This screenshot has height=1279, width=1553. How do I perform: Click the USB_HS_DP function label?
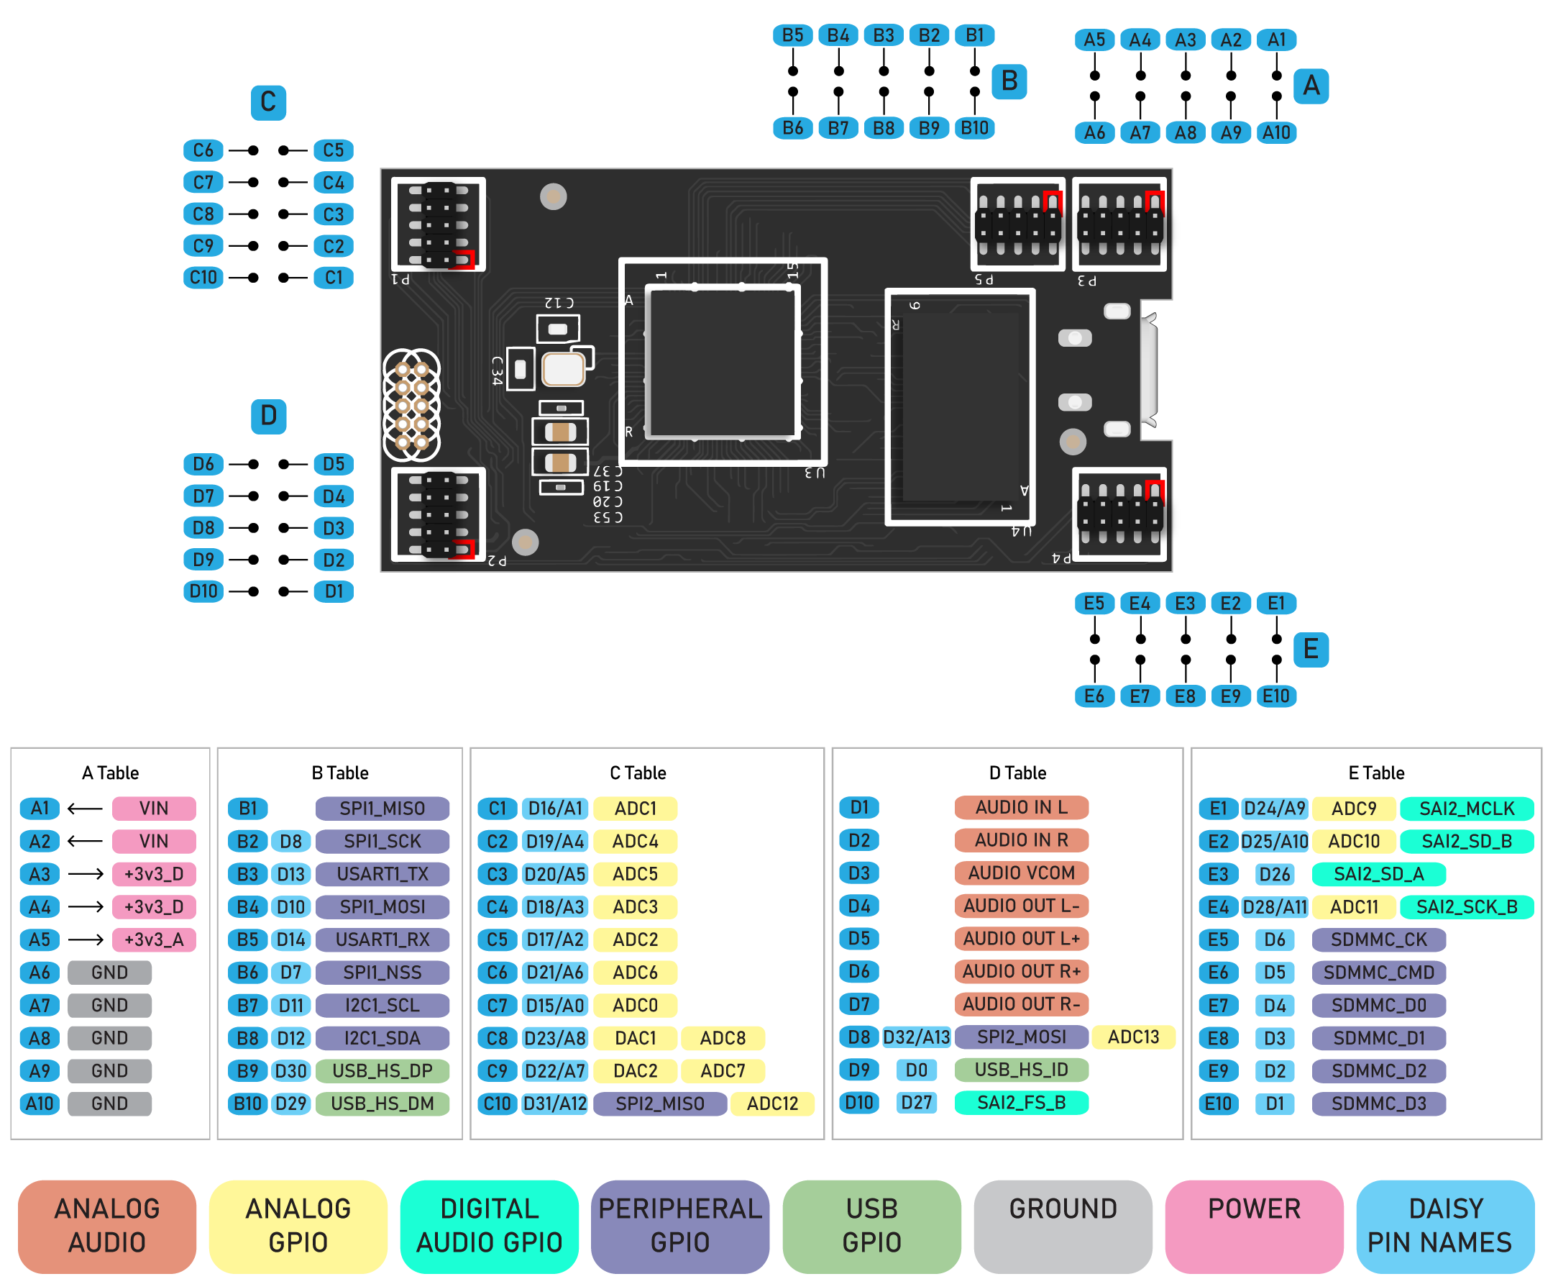pyautogui.click(x=382, y=1070)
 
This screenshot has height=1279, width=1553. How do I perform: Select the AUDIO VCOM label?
pyautogui.click(x=1022, y=873)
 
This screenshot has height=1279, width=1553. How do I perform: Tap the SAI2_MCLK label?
pyautogui.click(x=1466, y=809)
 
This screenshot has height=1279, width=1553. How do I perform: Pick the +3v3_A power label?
pyautogui.click(x=154, y=939)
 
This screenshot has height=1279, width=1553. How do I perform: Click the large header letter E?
pyautogui.click(x=1311, y=649)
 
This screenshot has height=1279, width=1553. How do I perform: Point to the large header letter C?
pyautogui.click(x=268, y=101)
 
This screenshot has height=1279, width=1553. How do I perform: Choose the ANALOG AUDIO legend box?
pyautogui.click(x=108, y=1225)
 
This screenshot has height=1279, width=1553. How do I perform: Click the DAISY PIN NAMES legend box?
pyautogui.click(x=1444, y=1225)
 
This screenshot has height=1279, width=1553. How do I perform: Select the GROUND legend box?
pyautogui.click(x=1063, y=1225)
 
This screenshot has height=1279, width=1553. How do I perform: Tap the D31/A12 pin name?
pyautogui.click(x=555, y=1103)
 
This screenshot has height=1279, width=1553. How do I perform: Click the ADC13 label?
pyautogui.click(x=1133, y=1037)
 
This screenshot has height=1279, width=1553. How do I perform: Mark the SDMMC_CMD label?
pyautogui.click(x=1378, y=973)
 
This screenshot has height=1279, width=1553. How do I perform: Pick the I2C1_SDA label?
pyautogui.click(x=382, y=1038)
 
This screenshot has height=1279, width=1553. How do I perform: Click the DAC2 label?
pyautogui.click(x=636, y=1070)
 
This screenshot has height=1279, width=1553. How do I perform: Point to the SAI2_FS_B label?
pyautogui.click(x=1022, y=1103)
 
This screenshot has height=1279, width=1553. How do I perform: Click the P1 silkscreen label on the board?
pyautogui.click(x=400, y=279)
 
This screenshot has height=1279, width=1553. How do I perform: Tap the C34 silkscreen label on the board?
pyautogui.click(x=497, y=370)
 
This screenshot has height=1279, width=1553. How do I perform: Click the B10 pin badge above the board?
pyautogui.click(x=975, y=128)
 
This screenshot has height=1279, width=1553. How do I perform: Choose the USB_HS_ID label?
pyautogui.click(x=1022, y=1070)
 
